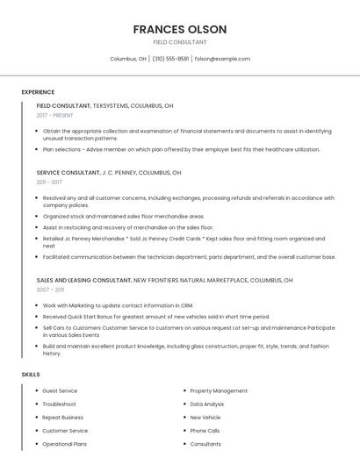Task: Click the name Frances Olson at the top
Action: tap(180, 29)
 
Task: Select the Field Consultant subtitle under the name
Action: tap(180, 42)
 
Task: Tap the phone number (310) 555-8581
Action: tap(170, 59)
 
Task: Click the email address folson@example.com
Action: tap(222, 59)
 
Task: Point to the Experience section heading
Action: tap(38, 92)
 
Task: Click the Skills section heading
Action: tap(31, 375)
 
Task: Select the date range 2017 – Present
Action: tap(55, 115)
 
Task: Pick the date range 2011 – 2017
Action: tap(49, 182)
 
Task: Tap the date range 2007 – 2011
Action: tap(50, 290)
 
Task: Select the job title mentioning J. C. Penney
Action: tap(109, 173)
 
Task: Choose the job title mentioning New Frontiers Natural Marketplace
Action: tap(164, 280)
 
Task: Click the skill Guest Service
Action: tap(60, 390)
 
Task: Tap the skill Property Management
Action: tap(219, 390)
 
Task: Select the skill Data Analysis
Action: tap(207, 404)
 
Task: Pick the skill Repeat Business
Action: tap(63, 418)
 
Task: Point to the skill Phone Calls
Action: tap(205, 431)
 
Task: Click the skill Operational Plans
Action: tap(65, 445)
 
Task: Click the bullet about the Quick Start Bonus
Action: tap(156, 317)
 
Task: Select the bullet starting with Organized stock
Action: tap(124, 216)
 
